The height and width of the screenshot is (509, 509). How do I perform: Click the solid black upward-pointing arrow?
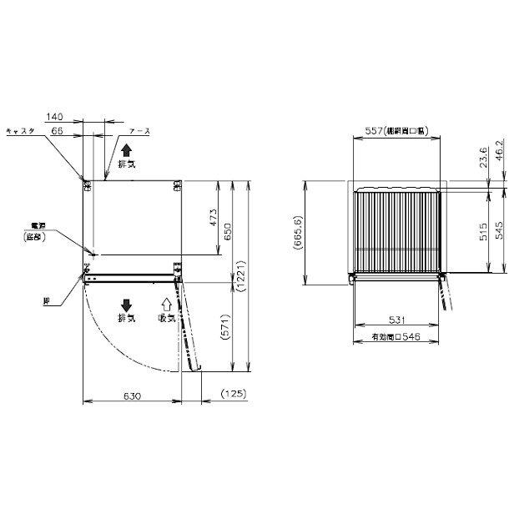[126, 149]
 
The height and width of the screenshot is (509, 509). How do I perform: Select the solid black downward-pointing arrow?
[126, 305]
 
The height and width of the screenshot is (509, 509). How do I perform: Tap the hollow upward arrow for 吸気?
[166, 305]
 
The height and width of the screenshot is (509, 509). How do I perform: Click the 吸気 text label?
[166, 319]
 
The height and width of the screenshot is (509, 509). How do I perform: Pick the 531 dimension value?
[397, 320]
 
